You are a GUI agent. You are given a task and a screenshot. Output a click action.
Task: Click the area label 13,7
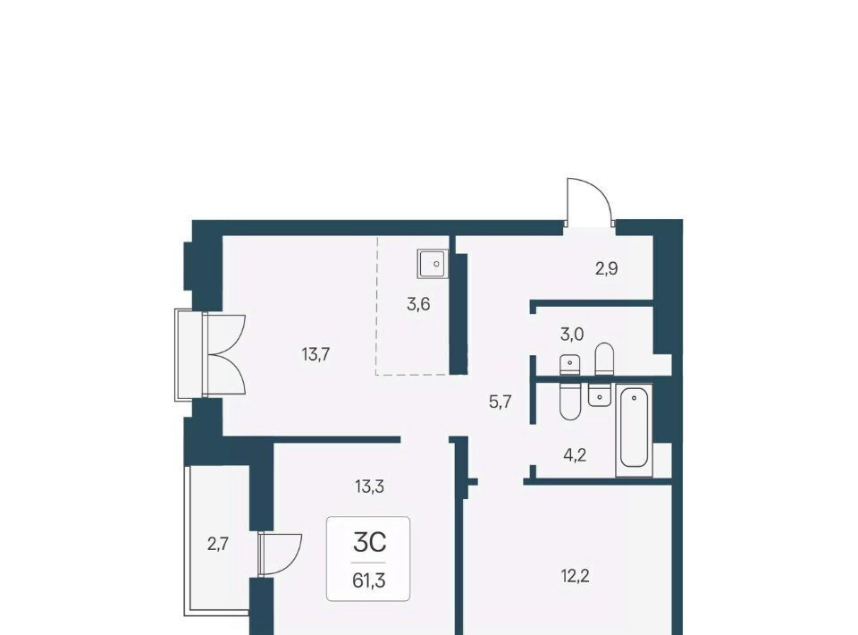coord(315,355)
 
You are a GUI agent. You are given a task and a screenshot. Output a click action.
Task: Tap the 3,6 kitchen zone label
coord(418,304)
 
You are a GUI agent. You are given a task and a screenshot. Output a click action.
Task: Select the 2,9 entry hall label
coord(607,269)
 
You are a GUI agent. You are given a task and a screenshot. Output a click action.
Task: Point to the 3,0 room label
coord(572,334)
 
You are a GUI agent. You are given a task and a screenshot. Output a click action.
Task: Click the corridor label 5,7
coord(500,402)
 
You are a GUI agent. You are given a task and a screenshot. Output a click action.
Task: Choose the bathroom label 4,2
coord(575,455)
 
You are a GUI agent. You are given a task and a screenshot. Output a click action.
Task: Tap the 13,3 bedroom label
coord(369,487)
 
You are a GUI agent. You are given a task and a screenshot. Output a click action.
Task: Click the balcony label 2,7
coord(217,544)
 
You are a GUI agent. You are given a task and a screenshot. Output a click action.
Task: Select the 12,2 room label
coord(575,576)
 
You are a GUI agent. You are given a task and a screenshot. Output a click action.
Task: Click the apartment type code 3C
coord(369,543)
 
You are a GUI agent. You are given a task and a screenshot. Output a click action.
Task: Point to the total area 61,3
coord(369,580)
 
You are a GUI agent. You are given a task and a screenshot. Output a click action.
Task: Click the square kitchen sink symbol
coord(433,263)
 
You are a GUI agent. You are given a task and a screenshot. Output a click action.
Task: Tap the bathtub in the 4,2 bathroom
coord(635,429)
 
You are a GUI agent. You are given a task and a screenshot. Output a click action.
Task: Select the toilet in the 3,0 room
coord(604,360)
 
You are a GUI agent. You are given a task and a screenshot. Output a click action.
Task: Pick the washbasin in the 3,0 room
coord(569,365)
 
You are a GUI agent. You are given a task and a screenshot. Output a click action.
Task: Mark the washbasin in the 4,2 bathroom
coord(600,394)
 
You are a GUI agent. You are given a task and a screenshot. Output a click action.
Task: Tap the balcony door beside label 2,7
coord(281,554)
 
